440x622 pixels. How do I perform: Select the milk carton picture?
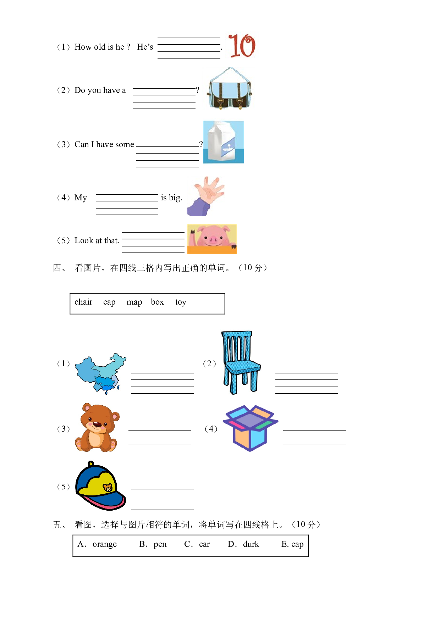click(x=223, y=142)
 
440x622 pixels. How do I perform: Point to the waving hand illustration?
click(x=206, y=196)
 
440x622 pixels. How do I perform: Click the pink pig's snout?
click(x=213, y=240)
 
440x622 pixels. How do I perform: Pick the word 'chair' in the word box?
click(x=83, y=302)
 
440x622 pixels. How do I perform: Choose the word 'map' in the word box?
click(x=134, y=302)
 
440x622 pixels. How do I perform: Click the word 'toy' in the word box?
click(x=181, y=302)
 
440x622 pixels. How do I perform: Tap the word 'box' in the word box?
click(x=157, y=302)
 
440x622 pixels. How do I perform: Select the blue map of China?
click(x=101, y=373)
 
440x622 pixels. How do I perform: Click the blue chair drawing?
click(x=241, y=362)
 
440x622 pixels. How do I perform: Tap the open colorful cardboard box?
click(x=251, y=428)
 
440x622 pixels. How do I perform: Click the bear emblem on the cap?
click(x=108, y=488)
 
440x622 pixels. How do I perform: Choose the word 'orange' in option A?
click(x=105, y=544)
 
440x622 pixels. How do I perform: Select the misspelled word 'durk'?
click(x=251, y=544)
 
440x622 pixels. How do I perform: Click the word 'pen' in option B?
click(x=160, y=545)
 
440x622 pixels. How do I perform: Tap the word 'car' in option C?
click(x=204, y=544)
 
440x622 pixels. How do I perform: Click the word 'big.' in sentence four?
click(x=176, y=198)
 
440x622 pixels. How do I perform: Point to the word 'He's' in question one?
click(x=145, y=47)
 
